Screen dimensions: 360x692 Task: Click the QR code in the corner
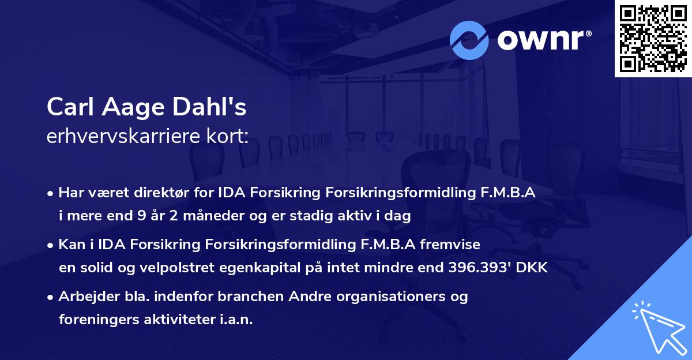(653, 39)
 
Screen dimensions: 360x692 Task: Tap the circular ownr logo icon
(469, 40)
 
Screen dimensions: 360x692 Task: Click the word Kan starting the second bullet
(70, 245)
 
